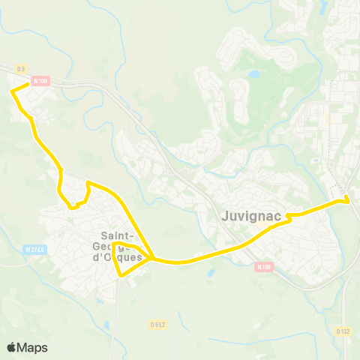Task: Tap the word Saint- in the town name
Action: [x=118, y=235]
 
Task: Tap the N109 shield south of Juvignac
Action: [x=263, y=266]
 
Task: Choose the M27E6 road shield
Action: [x=34, y=250]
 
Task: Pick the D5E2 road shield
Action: [x=157, y=324]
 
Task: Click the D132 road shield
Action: [x=343, y=331]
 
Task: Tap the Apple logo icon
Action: [x=11, y=347]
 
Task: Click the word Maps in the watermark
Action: [x=32, y=347]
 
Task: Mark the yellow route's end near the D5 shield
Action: [x=28, y=84]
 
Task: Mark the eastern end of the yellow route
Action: [x=347, y=199]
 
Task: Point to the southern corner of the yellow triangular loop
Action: [x=120, y=275]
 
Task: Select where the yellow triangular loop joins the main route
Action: [x=152, y=259]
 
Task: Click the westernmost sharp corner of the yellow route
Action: [x=12, y=91]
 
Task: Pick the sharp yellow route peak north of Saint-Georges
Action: [x=88, y=182]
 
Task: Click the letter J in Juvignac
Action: [x=226, y=216]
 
